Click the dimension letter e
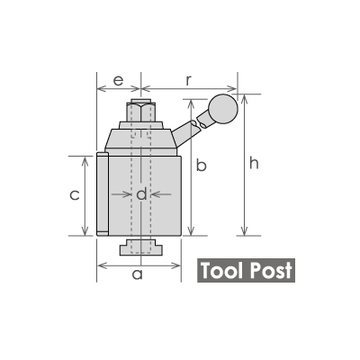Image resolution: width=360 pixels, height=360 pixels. pyautogui.click(x=117, y=80)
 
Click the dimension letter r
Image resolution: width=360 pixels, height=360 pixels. pyautogui.click(x=187, y=79)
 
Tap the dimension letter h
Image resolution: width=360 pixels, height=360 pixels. pyautogui.click(x=255, y=163)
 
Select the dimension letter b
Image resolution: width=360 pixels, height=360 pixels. pyautogui.click(x=202, y=166)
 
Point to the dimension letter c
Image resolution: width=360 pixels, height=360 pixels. pyautogui.click(x=76, y=195)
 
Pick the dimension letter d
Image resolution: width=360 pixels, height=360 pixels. pyautogui.click(x=140, y=193)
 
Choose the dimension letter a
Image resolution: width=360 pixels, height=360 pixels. pyautogui.click(x=137, y=275)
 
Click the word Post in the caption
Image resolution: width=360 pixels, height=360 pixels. pyautogui.click(x=270, y=271)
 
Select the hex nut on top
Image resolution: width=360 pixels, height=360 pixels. pyautogui.click(x=140, y=112)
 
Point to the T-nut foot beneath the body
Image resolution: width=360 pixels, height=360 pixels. pyautogui.click(x=140, y=247)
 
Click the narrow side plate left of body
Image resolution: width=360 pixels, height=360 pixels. pyautogui.click(x=102, y=194)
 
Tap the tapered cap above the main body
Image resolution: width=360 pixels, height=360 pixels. pyautogui.click(x=140, y=138)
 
